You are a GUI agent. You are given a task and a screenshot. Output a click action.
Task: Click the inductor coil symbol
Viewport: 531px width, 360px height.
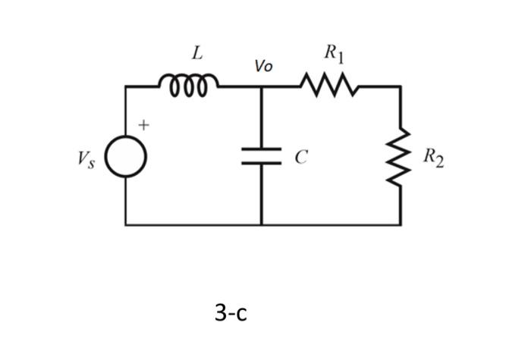[x=189, y=82]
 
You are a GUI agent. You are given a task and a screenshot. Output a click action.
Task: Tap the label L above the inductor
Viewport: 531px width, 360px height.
[x=196, y=54]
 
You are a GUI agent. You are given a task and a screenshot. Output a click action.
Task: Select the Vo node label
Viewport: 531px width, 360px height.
[x=263, y=67]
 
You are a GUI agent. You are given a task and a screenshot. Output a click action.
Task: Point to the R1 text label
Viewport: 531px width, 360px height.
[x=334, y=53]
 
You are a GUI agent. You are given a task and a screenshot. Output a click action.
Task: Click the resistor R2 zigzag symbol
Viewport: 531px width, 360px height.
[x=401, y=157]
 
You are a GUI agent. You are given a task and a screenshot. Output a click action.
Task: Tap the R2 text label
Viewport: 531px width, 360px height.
[x=433, y=158]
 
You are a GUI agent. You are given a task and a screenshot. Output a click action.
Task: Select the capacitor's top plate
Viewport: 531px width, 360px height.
[x=262, y=149]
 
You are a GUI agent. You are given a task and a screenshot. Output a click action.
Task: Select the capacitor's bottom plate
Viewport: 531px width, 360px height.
[x=262, y=163]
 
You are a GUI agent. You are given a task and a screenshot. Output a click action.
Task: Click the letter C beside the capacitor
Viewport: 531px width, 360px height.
[x=301, y=158]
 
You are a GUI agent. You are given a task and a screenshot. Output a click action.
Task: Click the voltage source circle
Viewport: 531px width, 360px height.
[x=126, y=158]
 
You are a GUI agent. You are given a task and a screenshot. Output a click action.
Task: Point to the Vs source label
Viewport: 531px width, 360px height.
[x=85, y=159]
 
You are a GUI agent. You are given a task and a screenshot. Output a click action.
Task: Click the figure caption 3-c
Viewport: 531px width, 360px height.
[x=231, y=311]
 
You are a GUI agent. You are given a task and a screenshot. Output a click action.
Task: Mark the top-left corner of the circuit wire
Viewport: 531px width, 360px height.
[x=126, y=87]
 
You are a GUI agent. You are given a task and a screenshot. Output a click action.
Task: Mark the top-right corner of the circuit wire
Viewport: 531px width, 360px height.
[x=401, y=87]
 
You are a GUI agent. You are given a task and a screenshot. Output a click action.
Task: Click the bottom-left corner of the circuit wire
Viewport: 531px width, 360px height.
[x=126, y=224]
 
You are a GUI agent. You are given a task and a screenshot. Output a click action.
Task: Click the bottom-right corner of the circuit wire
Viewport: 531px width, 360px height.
[x=401, y=224]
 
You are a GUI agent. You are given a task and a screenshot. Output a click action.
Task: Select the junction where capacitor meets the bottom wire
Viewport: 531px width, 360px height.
[x=262, y=224]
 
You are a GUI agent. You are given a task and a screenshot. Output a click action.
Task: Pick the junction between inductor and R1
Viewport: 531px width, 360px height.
[x=262, y=87]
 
